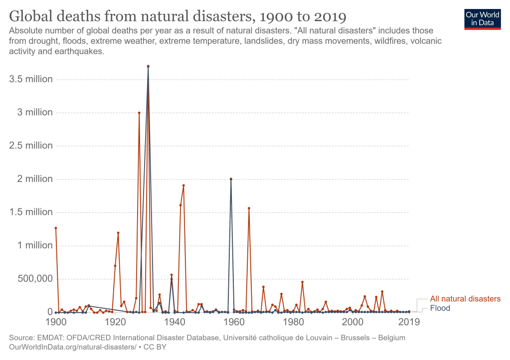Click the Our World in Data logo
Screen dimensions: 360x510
(482, 18)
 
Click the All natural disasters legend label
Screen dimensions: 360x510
(465, 299)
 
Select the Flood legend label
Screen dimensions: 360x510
(440, 308)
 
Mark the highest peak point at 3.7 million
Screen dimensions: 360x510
(148, 66)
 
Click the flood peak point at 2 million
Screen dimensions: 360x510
(231, 179)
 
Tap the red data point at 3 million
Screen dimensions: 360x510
(139, 113)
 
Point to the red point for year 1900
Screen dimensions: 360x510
(56, 228)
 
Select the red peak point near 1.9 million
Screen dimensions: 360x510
(183, 185)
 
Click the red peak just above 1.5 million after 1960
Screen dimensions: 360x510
(249, 208)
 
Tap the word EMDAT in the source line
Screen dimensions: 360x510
(50, 338)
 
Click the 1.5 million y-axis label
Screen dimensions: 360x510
(31, 212)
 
